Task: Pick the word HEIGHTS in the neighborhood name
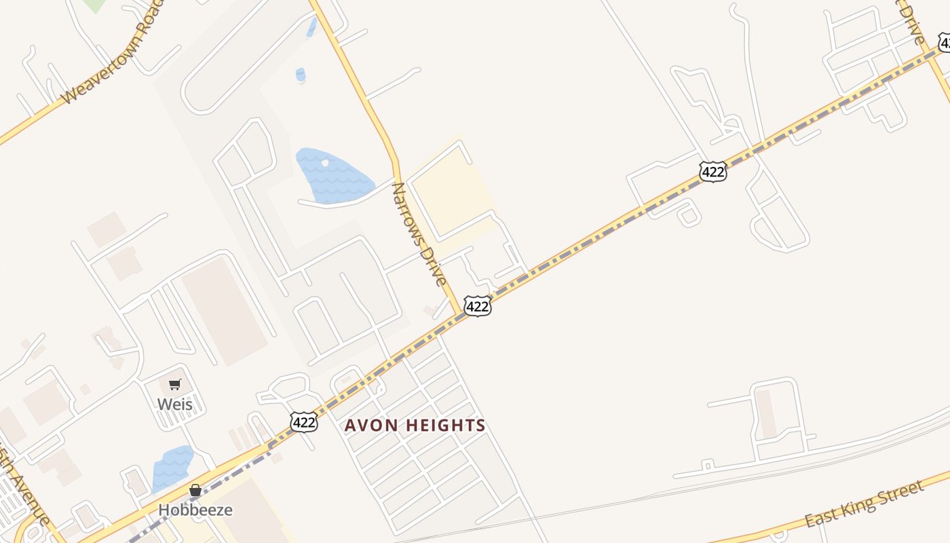(x=447, y=426)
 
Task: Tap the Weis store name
(x=174, y=405)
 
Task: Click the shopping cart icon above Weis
(x=174, y=385)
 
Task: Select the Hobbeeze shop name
(x=195, y=510)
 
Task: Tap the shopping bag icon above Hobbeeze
(x=195, y=490)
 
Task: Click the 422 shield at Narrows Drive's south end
(x=477, y=307)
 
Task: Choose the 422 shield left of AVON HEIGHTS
(x=303, y=422)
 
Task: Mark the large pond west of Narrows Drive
(x=332, y=175)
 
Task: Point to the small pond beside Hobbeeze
(x=172, y=468)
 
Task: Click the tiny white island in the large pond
(x=325, y=163)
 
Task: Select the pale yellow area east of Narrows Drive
(x=451, y=193)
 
